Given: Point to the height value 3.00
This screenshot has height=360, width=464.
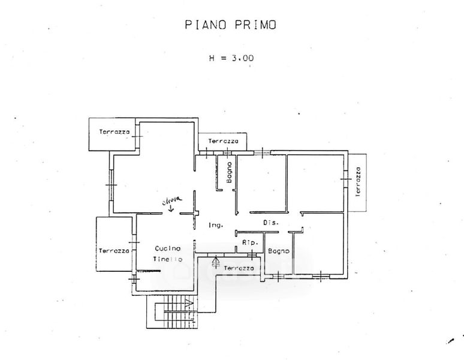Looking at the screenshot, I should pos(242,59).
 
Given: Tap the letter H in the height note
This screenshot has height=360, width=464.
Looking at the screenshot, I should pos(212,59).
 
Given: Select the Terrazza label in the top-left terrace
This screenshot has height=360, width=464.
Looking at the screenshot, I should pos(115,131).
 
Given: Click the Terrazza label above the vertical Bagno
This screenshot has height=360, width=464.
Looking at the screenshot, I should pos(223,142).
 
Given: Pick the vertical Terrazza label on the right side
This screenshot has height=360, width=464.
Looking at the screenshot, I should pos(358,182).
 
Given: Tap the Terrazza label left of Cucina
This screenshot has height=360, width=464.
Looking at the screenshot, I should pos(114,251).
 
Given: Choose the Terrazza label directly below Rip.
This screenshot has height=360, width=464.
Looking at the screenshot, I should pos(238,268).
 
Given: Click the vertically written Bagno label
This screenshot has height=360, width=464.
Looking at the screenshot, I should pos(229,173).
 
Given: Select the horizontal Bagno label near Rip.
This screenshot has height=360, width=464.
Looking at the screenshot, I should pos(279,251).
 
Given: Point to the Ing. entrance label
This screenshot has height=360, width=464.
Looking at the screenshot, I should pos(216,226).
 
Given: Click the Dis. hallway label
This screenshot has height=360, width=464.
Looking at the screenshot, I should pos(271,223).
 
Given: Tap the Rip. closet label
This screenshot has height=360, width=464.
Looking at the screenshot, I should pos(249,243).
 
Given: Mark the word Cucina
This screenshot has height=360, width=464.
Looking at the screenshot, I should pos(168,248).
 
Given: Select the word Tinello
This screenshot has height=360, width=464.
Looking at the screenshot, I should pos(168,259).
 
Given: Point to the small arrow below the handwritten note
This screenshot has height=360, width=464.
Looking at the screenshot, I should pos(171,209).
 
